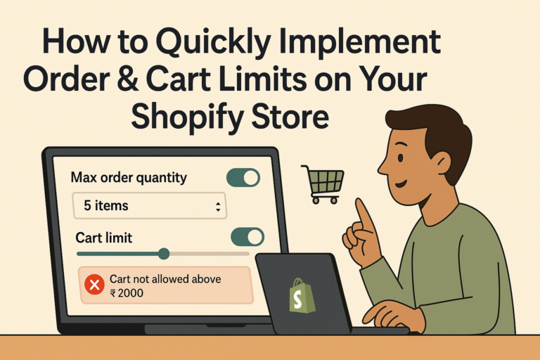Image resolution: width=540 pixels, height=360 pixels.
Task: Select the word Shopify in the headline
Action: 186,117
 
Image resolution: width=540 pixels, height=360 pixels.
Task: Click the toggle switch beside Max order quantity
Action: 243,177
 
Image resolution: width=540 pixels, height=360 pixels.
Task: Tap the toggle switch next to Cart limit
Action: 247,237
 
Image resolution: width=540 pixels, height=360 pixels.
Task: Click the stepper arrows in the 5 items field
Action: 218,207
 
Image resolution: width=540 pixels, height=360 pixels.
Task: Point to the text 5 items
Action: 106,206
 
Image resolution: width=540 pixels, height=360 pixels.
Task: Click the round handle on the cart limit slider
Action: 164,254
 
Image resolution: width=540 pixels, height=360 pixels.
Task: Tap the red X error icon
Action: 94,285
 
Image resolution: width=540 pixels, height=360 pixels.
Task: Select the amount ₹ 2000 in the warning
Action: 127,293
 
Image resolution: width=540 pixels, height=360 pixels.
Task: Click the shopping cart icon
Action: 323,184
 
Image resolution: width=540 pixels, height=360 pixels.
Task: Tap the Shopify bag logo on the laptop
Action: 302,296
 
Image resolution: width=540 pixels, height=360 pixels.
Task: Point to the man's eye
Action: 400,158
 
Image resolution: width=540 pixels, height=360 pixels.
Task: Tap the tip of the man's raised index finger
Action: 359,200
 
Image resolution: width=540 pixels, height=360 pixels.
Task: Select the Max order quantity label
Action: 129,178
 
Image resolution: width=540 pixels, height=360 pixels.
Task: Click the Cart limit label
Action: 103,238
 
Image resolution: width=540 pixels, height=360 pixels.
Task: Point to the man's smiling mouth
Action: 401,184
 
